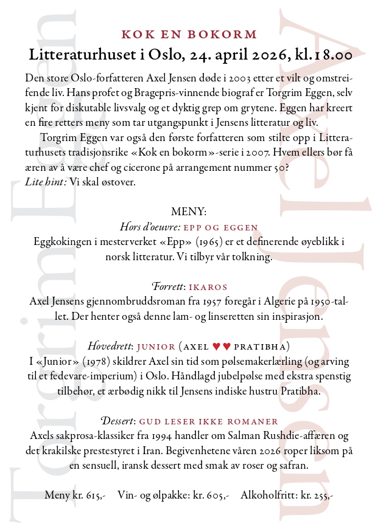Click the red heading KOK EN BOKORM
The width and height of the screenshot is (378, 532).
click(189, 35)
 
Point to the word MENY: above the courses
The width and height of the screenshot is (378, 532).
click(189, 212)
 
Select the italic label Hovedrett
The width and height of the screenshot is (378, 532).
click(110, 347)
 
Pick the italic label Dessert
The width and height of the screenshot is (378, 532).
click(117, 421)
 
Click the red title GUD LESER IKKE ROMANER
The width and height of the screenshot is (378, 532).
click(209, 421)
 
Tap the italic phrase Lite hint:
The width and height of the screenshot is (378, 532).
click(46, 182)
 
